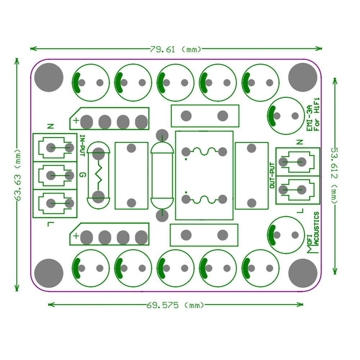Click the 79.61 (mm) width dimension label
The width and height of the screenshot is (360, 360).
[x=176, y=49]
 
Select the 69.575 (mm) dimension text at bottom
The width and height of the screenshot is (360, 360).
[x=175, y=305]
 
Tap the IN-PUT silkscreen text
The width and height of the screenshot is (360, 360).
[x=82, y=146]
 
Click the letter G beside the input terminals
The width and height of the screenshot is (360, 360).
[x=82, y=175]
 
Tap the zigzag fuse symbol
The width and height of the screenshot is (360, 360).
[x=98, y=175]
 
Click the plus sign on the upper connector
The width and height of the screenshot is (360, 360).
[x=76, y=121]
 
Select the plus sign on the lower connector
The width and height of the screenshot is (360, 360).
[x=76, y=236]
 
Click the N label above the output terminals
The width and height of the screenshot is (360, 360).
[x=300, y=142]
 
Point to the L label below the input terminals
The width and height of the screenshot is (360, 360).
[x=50, y=225]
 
